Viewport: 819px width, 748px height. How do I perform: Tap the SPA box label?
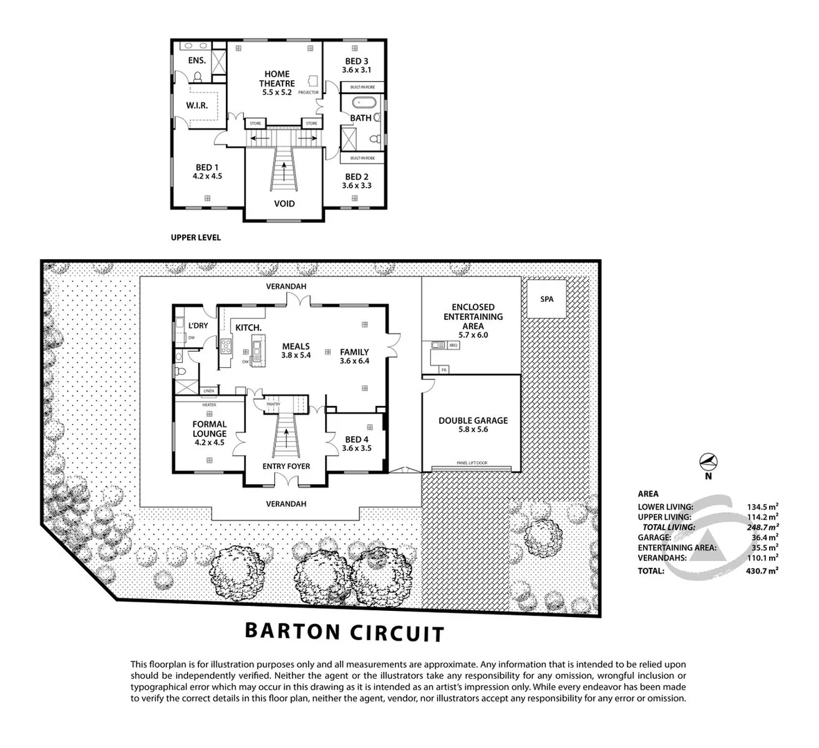[x=546, y=299]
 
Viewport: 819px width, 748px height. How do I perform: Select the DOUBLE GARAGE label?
[x=473, y=420]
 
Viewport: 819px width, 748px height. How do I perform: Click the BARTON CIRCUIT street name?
[x=344, y=632]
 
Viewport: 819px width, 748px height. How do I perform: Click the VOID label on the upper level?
[x=284, y=204]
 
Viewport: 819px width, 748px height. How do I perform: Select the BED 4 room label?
[x=357, y=439]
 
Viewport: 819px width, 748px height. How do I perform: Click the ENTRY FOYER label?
[x=286, y=466]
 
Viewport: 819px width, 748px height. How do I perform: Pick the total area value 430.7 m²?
[x=763, y=571]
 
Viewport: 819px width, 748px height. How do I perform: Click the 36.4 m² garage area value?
[x=764, y=537]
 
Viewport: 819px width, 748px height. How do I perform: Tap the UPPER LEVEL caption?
[x=196, y=238]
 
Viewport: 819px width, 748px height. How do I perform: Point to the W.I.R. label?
[x=197, y=105]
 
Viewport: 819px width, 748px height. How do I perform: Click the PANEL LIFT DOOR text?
[x=472, y=463]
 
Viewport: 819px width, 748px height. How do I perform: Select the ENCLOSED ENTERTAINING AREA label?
[x=473, y=317]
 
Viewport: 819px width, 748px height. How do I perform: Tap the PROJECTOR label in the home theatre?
[x=308, y=92]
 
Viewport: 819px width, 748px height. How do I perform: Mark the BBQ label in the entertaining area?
[x=455, y=344]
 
